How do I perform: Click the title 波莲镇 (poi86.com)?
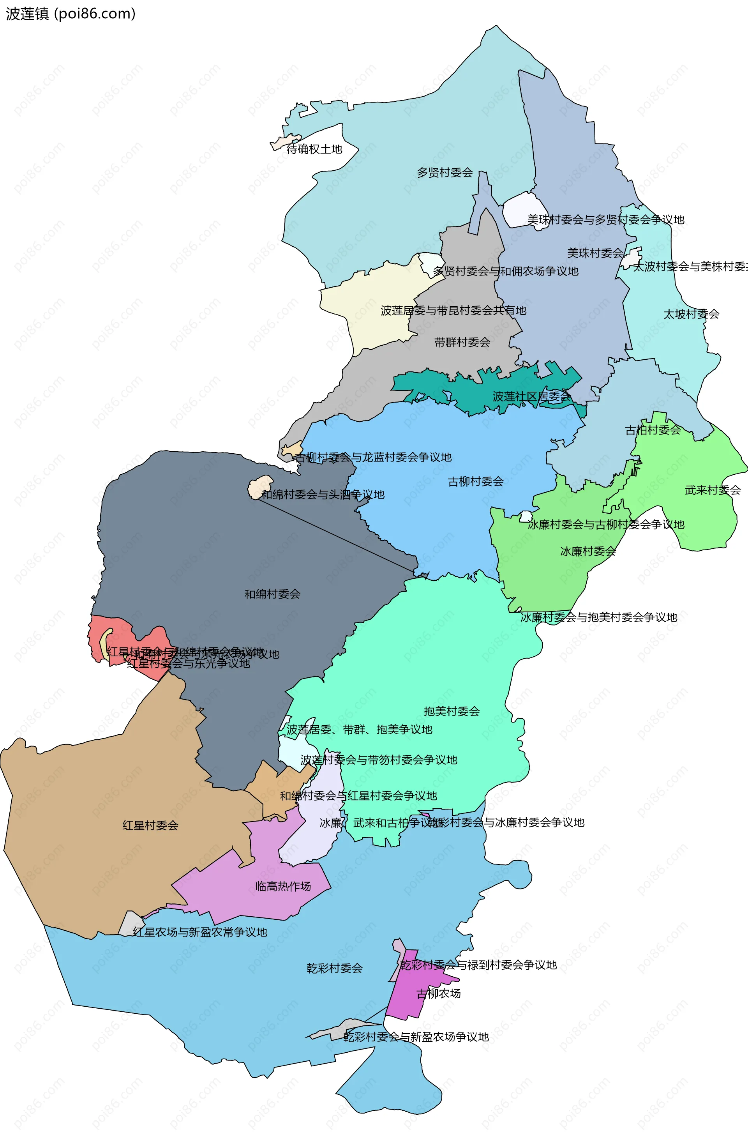tap(71, 13)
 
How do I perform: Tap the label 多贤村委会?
tap(445, 172)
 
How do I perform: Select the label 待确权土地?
tap(314, 149)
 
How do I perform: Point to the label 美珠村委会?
tap(595, 253)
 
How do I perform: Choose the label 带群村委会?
tap(462, 343)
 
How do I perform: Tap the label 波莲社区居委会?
tap(531, 397)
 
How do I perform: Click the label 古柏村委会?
tap(653, 430)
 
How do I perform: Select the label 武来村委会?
tap(712, 490)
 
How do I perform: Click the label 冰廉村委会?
tap(587, 551)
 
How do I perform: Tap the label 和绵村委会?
tap(272, 594)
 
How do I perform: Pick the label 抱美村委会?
tap(451, 711)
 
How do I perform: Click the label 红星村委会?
tap(150, 825)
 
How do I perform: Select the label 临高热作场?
tap(282, 886)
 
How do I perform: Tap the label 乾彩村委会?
tap(334, 968)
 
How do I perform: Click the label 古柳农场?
tap(438, 993)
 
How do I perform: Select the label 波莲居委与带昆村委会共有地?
tap(453, 310)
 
